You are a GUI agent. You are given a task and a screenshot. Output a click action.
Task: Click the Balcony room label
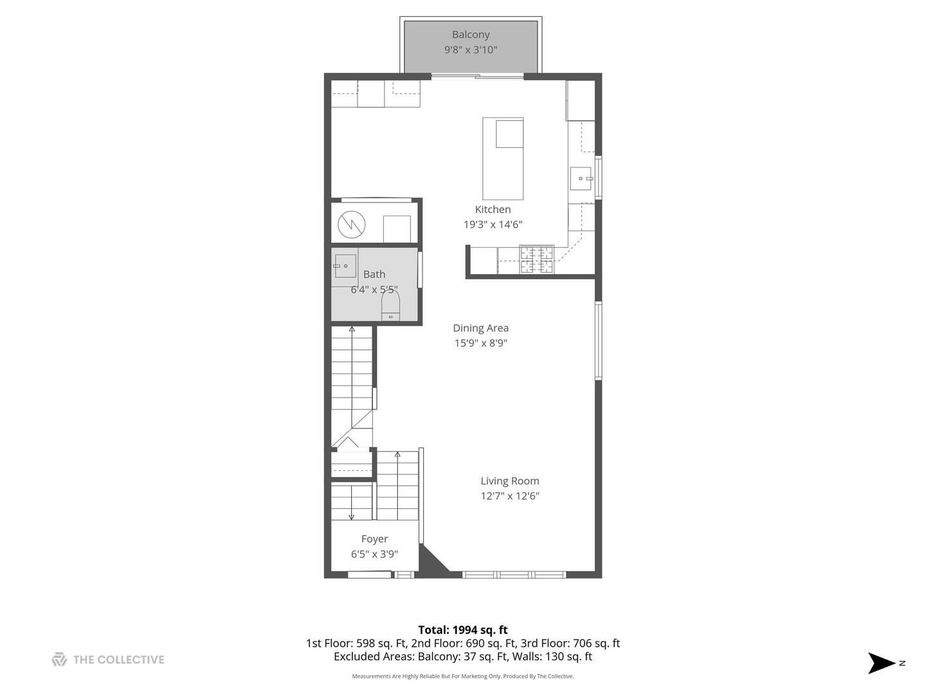(471, 35)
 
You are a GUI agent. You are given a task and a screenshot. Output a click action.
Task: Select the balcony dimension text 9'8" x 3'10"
(471, 50)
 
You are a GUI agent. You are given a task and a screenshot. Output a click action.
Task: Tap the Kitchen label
(493, 209)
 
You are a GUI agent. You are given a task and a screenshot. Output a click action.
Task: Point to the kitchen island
(503, 159)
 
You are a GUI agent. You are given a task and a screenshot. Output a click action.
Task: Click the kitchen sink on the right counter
(581, 178)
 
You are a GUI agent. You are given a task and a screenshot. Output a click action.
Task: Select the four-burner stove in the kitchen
(536, 259)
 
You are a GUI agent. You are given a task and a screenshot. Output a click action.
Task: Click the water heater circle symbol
(352, 224)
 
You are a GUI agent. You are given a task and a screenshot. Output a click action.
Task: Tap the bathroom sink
(345, 266)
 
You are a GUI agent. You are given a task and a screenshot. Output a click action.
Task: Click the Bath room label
(374, 274)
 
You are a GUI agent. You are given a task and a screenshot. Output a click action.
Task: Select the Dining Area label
(480, 328)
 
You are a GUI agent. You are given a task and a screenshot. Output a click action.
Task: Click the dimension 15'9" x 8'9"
(480, 344)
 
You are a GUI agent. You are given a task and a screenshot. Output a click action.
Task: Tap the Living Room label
(510, 481)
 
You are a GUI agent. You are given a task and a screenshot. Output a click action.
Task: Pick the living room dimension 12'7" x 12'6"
(510, 496)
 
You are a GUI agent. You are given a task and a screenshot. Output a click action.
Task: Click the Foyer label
(374, 539)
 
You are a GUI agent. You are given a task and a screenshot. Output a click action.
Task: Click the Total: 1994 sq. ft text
(463, 630)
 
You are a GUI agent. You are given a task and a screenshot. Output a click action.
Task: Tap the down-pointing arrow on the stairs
(352, 514)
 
